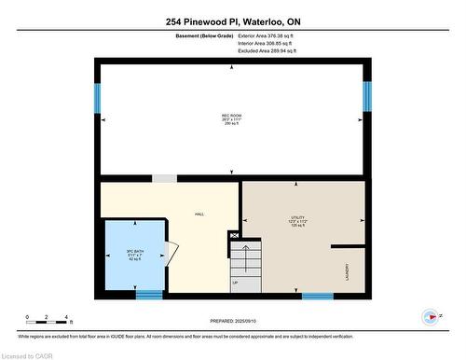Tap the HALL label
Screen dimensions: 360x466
coord(199,215)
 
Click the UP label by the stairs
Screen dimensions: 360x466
coord(235,283)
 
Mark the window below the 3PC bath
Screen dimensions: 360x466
coord(148,296)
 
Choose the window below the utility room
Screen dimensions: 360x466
coord(317,296)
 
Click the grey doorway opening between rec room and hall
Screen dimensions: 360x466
coord(165,178)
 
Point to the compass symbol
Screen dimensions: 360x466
coord(431,317)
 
